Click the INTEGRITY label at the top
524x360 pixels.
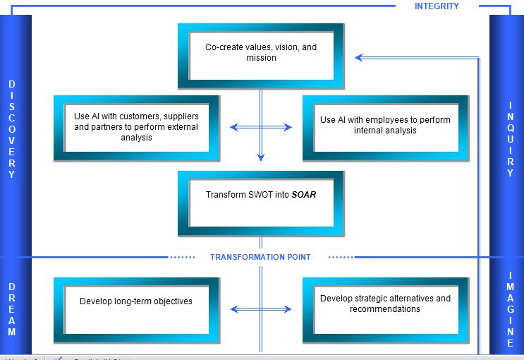pyautogui.click(x=437, y=6)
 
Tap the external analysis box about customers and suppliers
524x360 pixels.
pyautogui.click(x=136, y=128)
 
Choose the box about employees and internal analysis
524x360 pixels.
pyautogui.click(x=385, y=128)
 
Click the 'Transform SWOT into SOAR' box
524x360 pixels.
pyautogui.click(x=261, y=203)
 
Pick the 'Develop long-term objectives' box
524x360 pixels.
pyautogui.click(x=136, y=309)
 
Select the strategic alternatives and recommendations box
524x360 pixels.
pyautogui.click(x=385, y=309)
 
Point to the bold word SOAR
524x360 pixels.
pyautogui.click(x=304, y=194)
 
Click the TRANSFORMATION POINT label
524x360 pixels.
pyautogui.click(x=260, y=257)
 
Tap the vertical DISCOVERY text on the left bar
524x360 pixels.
pyautogui.click(x=12, y=129)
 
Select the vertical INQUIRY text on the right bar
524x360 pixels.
pyautogui.click(x=511, y=139)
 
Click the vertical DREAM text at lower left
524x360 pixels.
pyautogui.click(x=12, y=309)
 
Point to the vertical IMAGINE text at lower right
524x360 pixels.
pyautogui.click(x=511, y=309)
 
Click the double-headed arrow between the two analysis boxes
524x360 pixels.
pyautogui.click(x=261, y=127)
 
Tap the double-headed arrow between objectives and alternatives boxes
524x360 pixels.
pyautogui.click(x=261, y=309)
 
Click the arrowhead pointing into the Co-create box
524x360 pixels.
pyautogui.click(x=359, y=58)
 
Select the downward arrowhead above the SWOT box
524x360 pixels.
pyautogui.click(x=261, y=157)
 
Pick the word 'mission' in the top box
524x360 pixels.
pyautogui.click(x=261, y=58)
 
